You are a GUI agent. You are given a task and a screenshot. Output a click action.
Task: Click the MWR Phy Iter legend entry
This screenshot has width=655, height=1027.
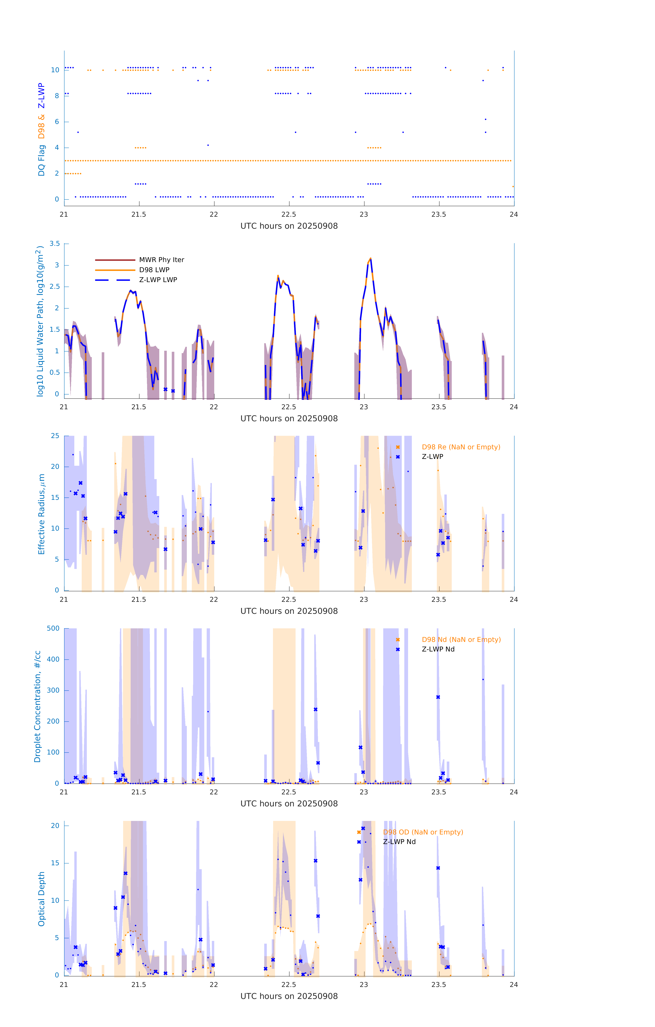[161, 260]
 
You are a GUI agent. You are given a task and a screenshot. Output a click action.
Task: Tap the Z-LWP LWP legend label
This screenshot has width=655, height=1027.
[158, 280]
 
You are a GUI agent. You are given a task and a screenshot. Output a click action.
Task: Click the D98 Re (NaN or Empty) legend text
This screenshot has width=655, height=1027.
[461, 447]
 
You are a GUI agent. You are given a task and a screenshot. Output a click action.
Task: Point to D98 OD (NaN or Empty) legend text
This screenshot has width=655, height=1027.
[423, 832]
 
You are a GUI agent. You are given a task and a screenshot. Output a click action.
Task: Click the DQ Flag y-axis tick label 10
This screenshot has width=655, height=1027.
[55, 70]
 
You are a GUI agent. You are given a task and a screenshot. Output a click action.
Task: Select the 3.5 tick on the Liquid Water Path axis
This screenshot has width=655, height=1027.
[55, 244]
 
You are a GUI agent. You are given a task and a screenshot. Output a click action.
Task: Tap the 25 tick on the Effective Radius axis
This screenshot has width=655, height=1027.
[55, 436]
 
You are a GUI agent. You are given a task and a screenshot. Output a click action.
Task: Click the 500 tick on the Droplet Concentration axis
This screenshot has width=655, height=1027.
[53, 628]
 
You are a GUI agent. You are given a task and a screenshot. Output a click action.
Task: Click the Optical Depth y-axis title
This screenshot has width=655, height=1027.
[41, 899]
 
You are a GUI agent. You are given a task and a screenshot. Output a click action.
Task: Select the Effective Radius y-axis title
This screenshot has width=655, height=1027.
[41, 514]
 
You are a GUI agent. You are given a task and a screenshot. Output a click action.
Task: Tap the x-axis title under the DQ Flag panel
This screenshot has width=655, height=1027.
[289, 226]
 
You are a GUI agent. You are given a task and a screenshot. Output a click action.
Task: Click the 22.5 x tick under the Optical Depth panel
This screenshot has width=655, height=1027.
[288, 984]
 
